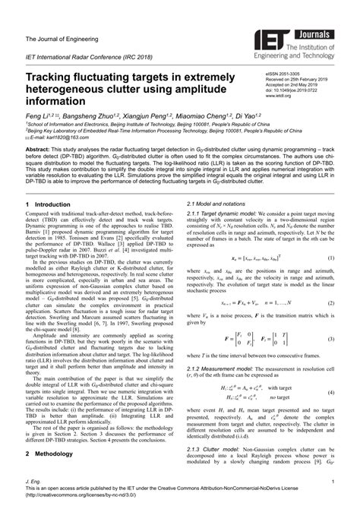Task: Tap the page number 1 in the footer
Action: [x=333, y=482]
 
